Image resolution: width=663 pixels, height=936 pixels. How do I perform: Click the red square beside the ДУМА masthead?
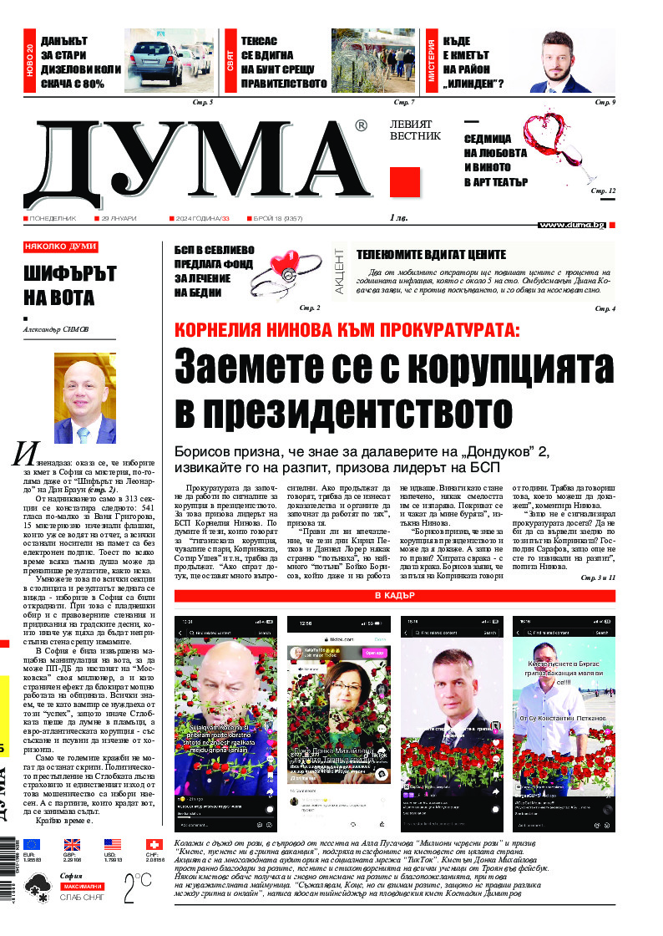(404, 182)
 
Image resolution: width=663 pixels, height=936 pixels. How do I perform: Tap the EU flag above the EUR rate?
(32, 844)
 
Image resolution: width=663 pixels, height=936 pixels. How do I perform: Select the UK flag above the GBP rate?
(72, 844)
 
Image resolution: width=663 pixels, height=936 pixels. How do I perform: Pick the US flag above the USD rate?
(113, 844)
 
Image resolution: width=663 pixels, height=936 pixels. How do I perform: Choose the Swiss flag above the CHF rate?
(154, 844)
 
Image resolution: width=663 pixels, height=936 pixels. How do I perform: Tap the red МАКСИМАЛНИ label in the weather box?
(81, 885)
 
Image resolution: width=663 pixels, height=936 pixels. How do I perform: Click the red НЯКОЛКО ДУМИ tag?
(60, 247)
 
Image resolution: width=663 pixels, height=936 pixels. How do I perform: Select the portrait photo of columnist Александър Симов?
(84, 399)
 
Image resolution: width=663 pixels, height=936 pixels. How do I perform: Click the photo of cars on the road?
(170, 62)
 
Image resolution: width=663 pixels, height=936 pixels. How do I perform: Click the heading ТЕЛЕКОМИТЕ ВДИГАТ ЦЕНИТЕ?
(431, 255)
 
